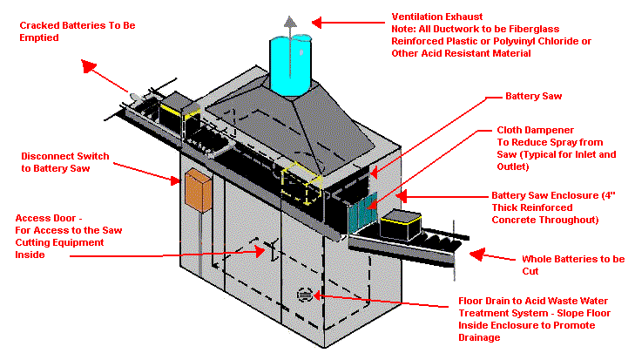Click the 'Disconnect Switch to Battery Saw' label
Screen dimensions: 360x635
[65, 162]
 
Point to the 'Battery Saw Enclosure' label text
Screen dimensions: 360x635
[544, 196]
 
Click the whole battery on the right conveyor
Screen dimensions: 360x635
[402, 224]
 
